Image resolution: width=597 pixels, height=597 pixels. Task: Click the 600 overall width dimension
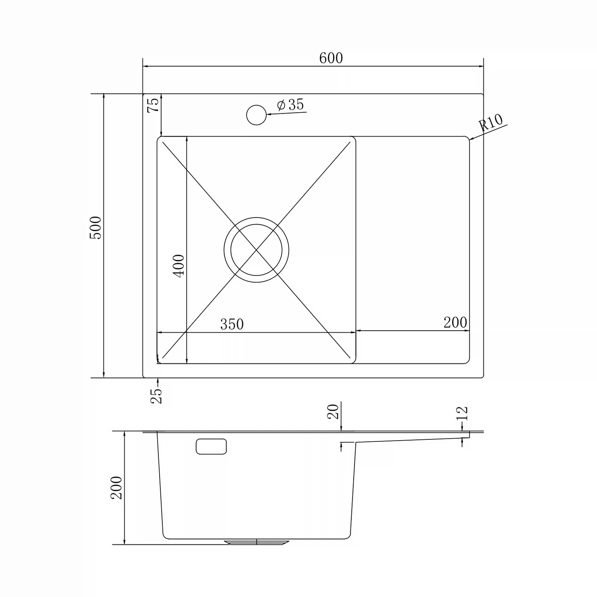coord(331,58)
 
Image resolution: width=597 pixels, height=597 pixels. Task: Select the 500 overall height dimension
coord(96,228)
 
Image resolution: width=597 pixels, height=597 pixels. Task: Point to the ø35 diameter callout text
coord(290,105)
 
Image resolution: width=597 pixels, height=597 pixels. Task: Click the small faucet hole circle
coord(256,115)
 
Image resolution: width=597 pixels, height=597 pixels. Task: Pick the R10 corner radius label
coord(491,123)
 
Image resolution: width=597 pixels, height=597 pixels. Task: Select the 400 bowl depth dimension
coord(179,266)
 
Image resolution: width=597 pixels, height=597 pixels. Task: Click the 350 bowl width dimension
coord(232,324)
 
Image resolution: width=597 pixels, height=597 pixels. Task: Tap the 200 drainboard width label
coord(455,322)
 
